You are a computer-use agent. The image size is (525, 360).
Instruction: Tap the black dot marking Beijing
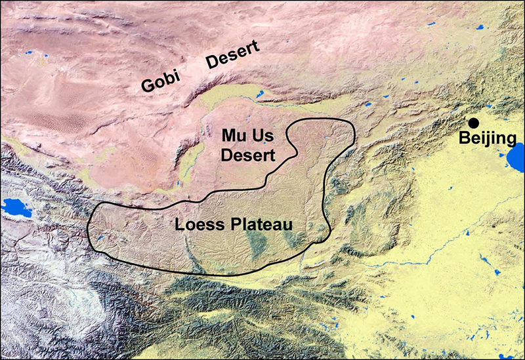(473, 123)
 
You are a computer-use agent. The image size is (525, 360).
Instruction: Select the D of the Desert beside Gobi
(213, 62)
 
